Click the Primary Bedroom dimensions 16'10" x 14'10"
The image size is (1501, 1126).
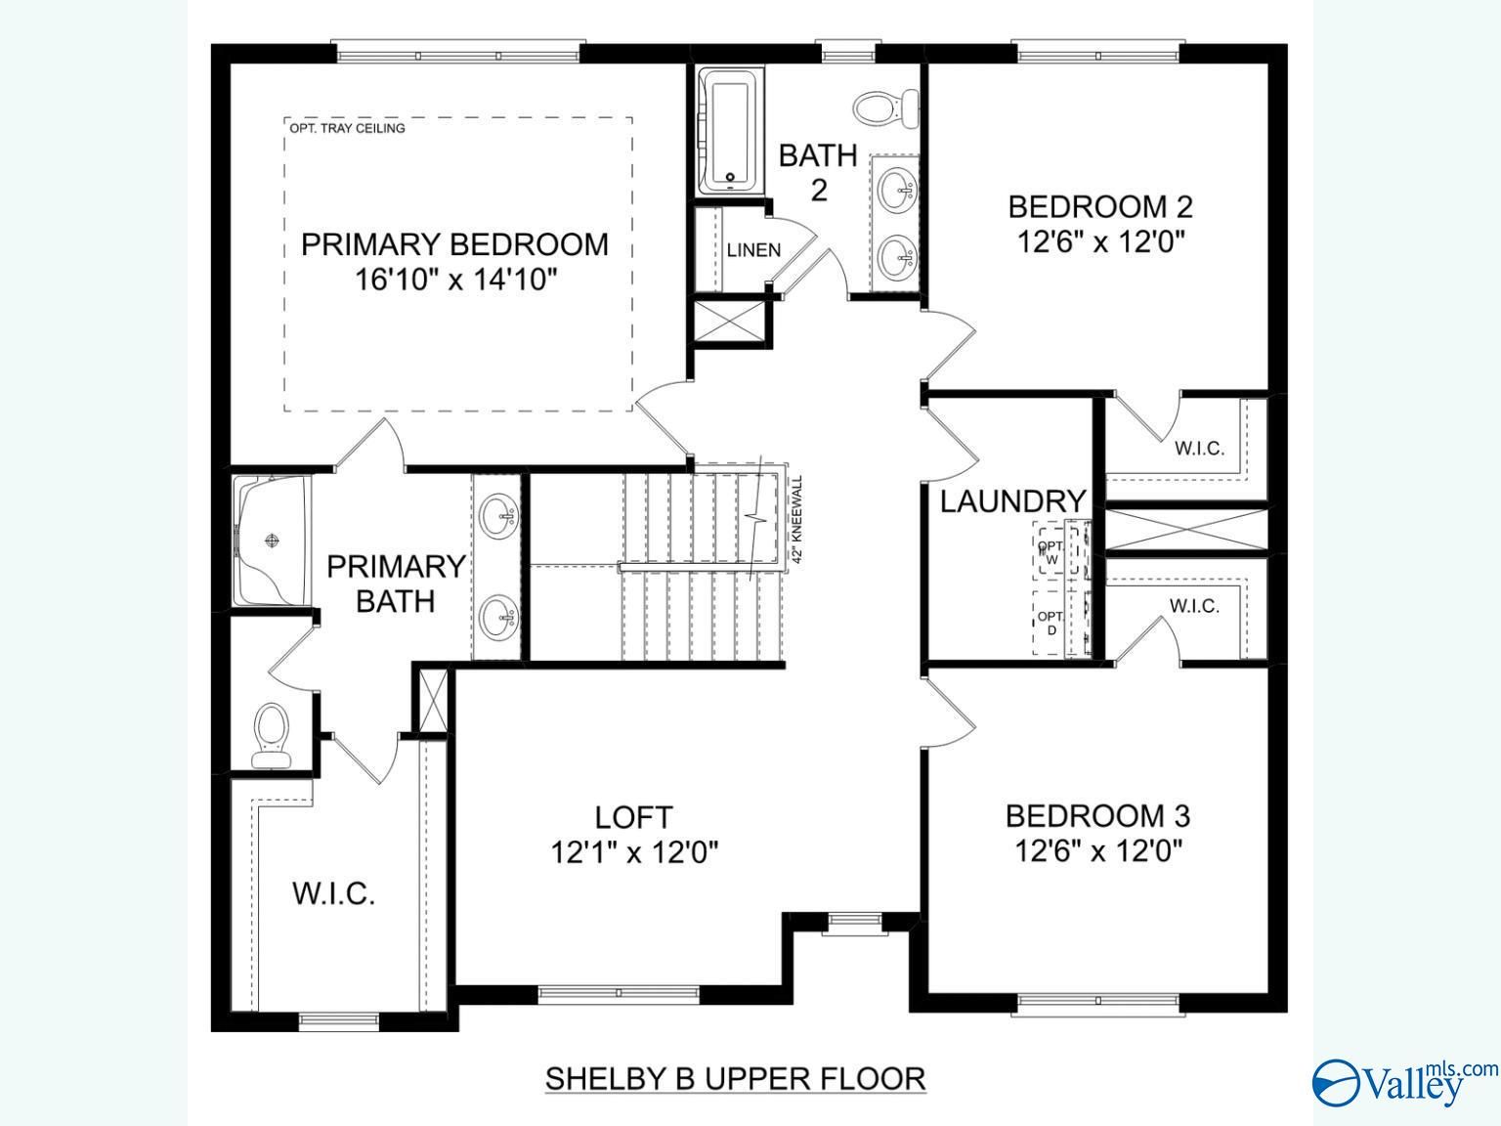click(455, 281)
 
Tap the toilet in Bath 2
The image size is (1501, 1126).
click(885, 107)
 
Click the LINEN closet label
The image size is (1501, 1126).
click(753, 250)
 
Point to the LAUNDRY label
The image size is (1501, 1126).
click(1012, 501)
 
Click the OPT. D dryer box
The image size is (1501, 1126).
click(1051, 624)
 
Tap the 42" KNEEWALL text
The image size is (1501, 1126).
click(797, 519)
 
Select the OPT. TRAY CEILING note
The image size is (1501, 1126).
click(347, 128)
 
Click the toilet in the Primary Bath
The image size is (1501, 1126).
click(271, 735)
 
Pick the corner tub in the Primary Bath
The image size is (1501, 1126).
click(271, 541)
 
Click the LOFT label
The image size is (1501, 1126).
click(633, 816)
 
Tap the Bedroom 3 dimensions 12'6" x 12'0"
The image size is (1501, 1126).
click(1098, 851)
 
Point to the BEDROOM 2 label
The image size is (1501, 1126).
click(1100, 206)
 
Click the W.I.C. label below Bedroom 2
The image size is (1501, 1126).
click(1198, 449)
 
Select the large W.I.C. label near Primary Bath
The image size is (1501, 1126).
click(333, 893)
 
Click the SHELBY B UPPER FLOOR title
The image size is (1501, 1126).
click(735, 1079)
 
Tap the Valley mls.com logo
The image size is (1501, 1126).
click(1402, 1081)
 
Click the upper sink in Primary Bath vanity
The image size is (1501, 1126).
click(499, 514)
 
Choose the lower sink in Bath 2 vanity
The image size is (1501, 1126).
click(896, 259)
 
